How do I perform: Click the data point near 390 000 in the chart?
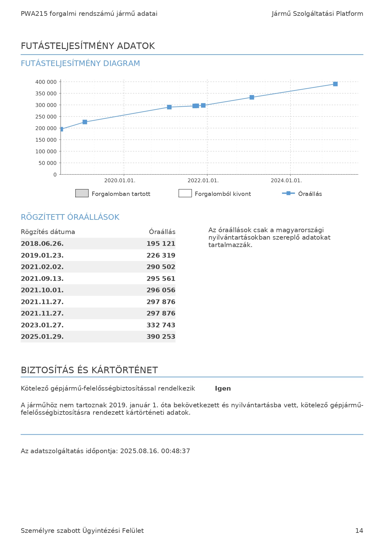click(x=335, y=84)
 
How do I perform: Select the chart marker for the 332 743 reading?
click(x=252, y=97)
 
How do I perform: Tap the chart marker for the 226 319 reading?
click(x=85, y=122)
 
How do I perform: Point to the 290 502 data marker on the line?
click(x=169, y=107)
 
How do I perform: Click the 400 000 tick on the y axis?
click(x=46, y=82)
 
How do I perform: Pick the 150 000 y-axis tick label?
click(x=46, y=140)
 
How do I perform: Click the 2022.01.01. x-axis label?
click(x=203, y=180)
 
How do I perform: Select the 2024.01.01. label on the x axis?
click(x=286, y=180)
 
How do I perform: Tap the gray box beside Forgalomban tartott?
click(x=82, y=193)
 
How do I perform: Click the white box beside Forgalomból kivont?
click(x=185, y=193)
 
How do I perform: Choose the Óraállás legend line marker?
click(x=288, y=193)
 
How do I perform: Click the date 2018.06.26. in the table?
click(x=42, y=244)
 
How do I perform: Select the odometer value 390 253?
click(x=161, y=337)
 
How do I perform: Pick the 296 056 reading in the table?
click(x=161, y=290)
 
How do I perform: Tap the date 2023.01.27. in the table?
click(x=42, y=325)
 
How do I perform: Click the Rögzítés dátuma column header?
click(x=48, y=232)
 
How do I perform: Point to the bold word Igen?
click(x=223, y=388)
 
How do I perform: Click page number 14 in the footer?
click(x=359, y=531)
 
